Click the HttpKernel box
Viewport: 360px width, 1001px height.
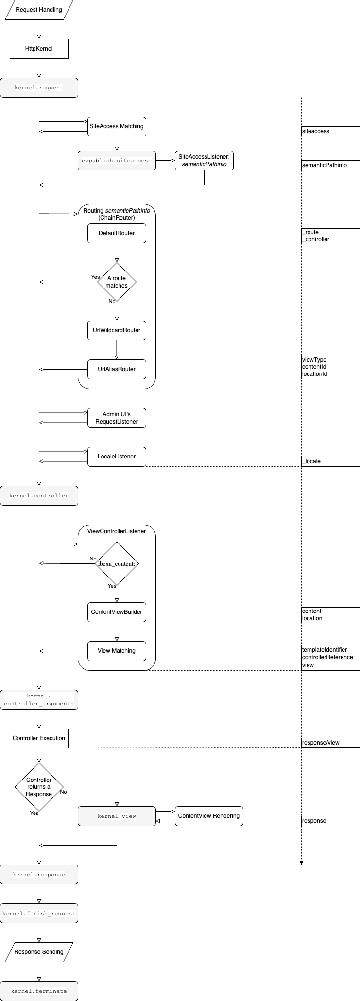(x=39, y=49)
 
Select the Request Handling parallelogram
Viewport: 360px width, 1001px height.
(x=39, y=10)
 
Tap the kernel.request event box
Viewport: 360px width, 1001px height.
(x=39, y=88)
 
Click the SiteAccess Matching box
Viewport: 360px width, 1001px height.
(x=117, y=126)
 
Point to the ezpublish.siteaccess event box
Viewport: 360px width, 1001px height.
(x=117, y=160)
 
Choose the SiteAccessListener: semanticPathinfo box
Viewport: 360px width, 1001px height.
(x=204, y=160)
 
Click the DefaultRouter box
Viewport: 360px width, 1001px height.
(x=117, y=233)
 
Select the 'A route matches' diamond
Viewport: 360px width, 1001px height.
(x=117, y=282)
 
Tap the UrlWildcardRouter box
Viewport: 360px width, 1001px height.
(x=117, y=330)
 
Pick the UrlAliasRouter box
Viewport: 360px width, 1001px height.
(x=117, y=369)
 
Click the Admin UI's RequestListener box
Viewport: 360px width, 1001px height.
(x=117, y=418)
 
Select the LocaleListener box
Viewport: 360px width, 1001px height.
(x=117, y=457)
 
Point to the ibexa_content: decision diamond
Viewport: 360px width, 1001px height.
(x=117, y=564)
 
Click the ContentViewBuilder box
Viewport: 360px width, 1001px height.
(x=117, y=612)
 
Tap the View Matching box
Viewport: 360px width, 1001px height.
(x=117, y=651)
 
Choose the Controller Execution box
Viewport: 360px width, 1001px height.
(x=39, y=738)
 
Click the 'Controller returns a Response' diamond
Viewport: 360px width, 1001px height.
(x=39, y=787)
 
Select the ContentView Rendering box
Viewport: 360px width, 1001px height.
(x=209, y=816)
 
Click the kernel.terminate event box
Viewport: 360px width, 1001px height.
(x=39, y=991)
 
